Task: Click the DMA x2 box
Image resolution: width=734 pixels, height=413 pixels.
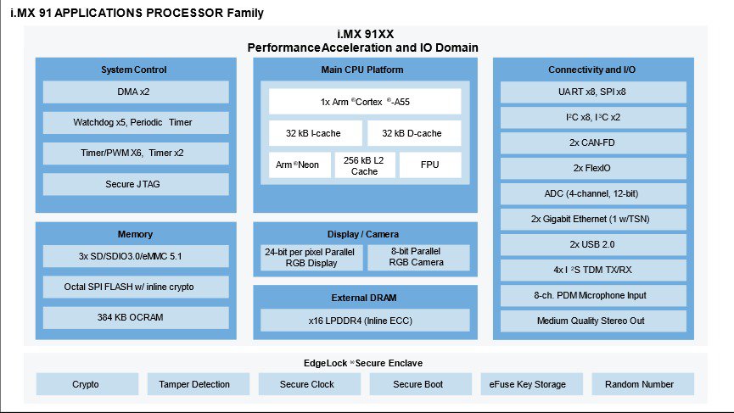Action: click(136, 92)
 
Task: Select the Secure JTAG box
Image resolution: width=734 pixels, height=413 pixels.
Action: click(136, 184)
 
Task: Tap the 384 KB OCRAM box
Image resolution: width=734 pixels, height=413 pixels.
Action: click(136, 317)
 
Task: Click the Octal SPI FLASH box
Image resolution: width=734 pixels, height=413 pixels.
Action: click(136, 287)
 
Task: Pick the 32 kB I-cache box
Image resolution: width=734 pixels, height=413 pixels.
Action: click(316, 133)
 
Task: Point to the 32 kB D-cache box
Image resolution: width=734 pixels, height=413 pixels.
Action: click(414, 133)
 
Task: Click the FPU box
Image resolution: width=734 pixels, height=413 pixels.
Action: click(430, 165)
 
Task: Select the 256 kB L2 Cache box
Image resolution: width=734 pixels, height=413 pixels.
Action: click(364, 165)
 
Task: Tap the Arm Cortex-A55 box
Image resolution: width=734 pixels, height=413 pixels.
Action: click(365, 102)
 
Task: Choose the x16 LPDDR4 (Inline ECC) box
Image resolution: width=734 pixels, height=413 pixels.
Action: click(365, 320)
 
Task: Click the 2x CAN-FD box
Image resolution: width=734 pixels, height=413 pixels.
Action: click(593, 142)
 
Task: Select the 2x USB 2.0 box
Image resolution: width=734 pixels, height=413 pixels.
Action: click(593, 244)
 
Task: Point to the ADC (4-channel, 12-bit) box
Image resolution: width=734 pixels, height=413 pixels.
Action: click(593, 193)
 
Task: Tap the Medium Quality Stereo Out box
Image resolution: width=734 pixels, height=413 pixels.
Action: click(593, 321)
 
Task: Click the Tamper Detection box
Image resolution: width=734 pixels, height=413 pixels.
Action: click(194, 384)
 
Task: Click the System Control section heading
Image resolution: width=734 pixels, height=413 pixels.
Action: click(134, 70)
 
